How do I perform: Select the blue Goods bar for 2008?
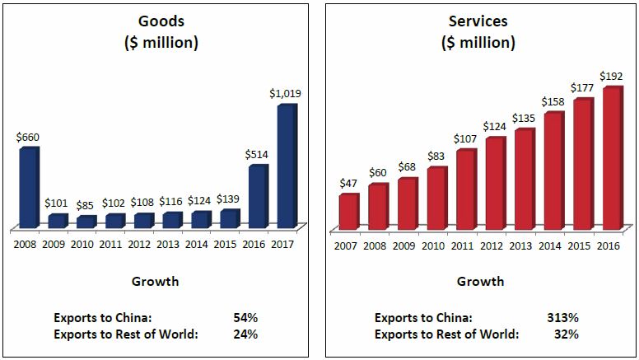pos(28,188)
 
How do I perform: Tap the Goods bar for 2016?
pos(258,197)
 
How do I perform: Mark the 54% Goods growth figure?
pos(245,317)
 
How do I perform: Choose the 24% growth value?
pos(245,334)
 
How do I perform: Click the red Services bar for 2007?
pos(348,212)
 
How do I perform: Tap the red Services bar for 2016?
pos(611,158)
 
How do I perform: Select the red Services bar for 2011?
pos(465,189)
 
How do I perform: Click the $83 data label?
pos(436,156)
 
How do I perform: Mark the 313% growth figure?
pos(563,317)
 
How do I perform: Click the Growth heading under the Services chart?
pos(481,282)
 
